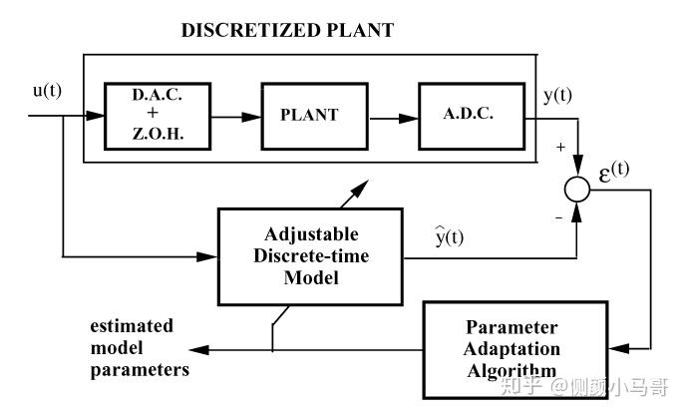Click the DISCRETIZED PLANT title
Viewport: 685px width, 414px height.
tap(287, 30)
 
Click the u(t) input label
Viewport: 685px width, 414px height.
tap(47, 91)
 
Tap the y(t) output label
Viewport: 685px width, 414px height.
tap(557, 96)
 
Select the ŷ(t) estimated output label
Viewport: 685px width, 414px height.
tap(449, 236)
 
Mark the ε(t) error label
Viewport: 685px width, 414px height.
tap(614, 173)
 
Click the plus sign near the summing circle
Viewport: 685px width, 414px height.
tap(560, 148)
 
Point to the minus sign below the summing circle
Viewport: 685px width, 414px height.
tap(558, 217)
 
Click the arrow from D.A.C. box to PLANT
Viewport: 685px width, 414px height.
tap(236, 117)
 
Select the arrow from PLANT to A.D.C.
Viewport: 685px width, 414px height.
tap(394, 119)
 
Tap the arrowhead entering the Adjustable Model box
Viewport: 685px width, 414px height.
tap(206, 256)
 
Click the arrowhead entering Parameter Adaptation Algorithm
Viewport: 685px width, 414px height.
tap(619, 349)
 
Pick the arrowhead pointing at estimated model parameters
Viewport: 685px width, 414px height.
tap(199, 350)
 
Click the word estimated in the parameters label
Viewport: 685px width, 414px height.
tap(132, 326)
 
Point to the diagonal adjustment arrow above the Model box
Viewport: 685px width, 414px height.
tap(354, 195)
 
